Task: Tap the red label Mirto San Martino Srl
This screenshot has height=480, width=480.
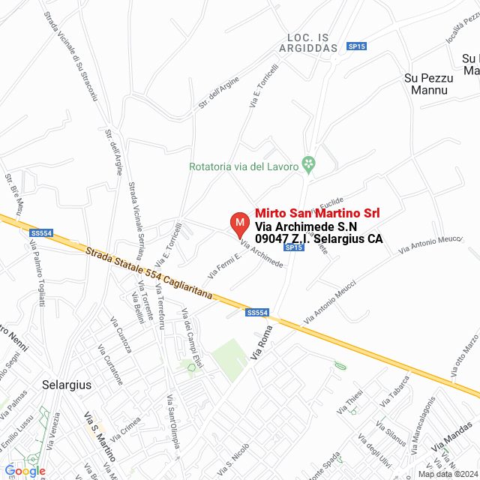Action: pyautogui.click(x=317, y=213)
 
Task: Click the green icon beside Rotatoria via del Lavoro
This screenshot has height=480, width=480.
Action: pyautogui.click(x=307, y=163)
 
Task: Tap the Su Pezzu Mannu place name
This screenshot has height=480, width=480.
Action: pyautogui.click(x=425, y=84)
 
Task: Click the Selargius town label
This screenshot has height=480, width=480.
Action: pyautogui.click(x=67, y=385)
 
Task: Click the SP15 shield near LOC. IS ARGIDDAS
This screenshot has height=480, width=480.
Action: pyautogui.click(x=357, y=46)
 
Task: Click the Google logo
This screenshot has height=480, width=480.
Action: pyautogui.click(x=24, y=471)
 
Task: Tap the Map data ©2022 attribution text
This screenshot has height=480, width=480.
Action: pyautogui.click(x=448, y=473)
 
